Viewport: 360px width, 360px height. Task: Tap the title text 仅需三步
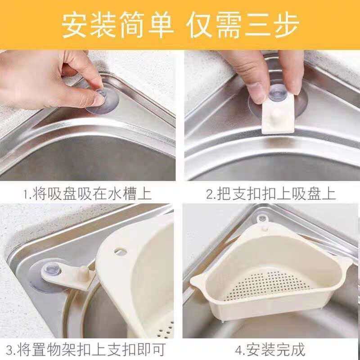243,25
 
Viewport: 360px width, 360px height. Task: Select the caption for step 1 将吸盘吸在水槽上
92,194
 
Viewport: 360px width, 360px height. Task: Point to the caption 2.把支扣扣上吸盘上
271,194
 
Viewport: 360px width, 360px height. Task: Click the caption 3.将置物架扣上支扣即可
86,350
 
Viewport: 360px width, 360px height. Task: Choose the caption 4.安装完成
270,350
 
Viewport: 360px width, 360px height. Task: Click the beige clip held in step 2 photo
278,114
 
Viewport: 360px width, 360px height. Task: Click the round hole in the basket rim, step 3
120,251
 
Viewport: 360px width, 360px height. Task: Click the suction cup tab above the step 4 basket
261,219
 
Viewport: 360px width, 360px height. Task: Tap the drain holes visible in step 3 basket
166,329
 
